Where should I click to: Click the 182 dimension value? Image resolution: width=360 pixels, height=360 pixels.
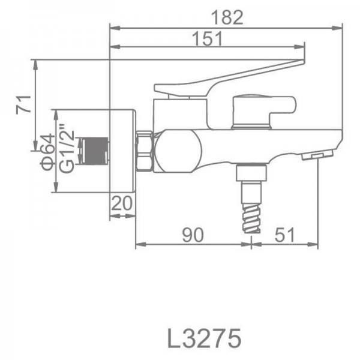[x=227, y=17]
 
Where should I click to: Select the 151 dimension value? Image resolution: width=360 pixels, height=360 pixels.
[x=207, y=38]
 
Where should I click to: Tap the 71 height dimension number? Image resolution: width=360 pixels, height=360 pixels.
[x=23, y=104]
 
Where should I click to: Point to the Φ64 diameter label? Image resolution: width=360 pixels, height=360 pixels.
[x=48, y=152]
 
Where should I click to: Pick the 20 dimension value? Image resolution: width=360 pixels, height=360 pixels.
[x=122, y=203]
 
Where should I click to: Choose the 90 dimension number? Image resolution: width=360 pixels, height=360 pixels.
[x=193, y=235]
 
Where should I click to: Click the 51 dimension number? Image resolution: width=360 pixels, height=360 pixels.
[x=284, y=235]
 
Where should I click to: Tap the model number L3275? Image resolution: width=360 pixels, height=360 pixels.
[x=204, y=338]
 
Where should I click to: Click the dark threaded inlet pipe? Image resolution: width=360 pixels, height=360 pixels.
[x=94, y=151]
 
